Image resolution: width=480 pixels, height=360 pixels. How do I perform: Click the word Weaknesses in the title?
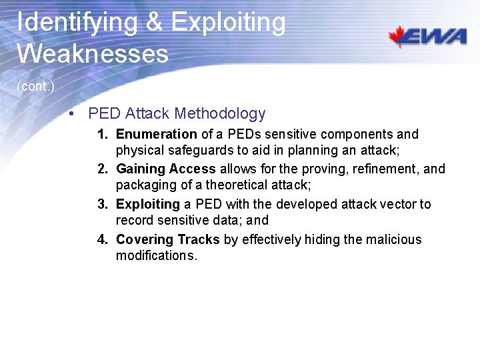(x=93, y=53)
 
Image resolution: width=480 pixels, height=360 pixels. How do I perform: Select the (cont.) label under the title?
(x=36, y=87)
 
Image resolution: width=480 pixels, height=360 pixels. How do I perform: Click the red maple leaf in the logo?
(x=399, y=36)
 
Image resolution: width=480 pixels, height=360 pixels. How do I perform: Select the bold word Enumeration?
(x=156, y=134)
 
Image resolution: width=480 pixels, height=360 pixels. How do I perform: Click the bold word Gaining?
(x=140, y=169)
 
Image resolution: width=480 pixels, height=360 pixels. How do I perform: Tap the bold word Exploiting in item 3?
(x=148, y=204)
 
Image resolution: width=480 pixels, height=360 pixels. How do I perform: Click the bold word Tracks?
(x=197, y=239)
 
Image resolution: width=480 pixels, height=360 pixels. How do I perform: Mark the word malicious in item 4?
(x=394, y=239)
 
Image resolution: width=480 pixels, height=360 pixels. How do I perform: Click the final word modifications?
(x=157, y=256)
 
